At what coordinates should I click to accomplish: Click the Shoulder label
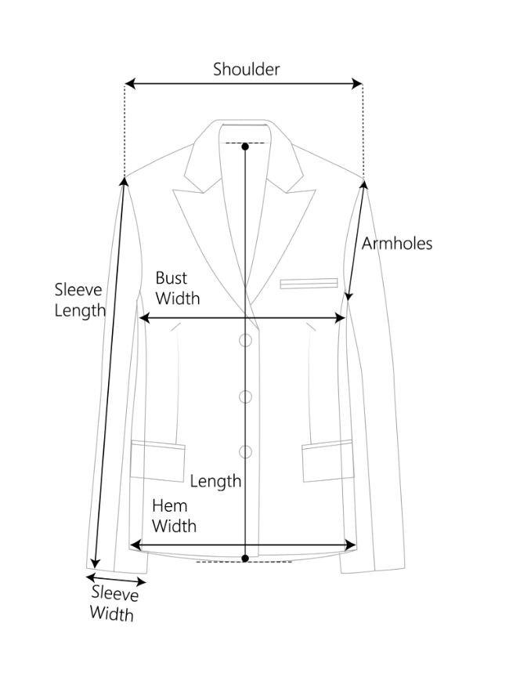pos(246,69)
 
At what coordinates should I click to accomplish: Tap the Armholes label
pos(396,243)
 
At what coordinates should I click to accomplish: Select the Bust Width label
pos(177,288)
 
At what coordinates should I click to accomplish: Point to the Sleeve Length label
pos(79,300)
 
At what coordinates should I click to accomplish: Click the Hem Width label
pos(174,515)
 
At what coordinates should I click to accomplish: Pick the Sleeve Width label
pos(112,603)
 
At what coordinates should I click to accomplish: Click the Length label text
pos(215,481)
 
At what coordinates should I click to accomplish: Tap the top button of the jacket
pos(245,340)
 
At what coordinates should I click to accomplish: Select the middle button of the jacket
pos(245,396)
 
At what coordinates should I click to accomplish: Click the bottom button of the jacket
pos(245,451)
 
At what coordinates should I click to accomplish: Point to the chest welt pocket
pos(309,284)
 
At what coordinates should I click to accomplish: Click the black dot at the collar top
pos(245,147)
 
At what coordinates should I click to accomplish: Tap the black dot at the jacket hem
pos(245,558)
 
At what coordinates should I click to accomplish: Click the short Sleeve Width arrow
pos(116,581)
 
